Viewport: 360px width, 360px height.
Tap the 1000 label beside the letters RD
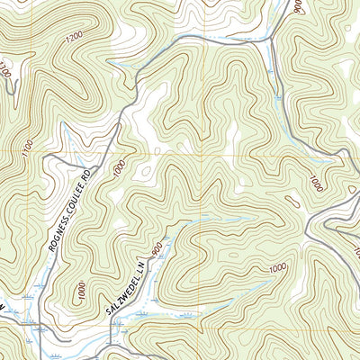coord(118,168)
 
